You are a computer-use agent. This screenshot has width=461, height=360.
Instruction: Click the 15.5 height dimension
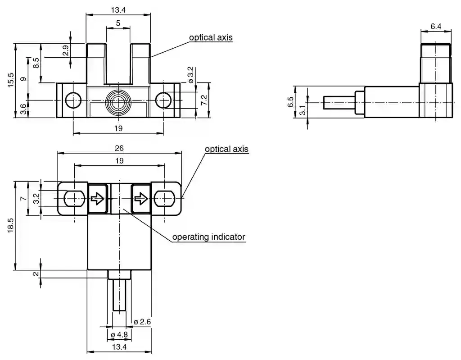pyautogui.click(x=11, y=80)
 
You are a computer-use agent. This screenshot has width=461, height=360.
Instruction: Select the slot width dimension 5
pyautogui.click(x=118, y=23)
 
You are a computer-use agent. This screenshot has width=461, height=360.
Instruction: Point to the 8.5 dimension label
pyautogui.click(x=36, y=63)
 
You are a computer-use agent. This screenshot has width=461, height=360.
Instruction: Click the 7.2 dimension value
pyautogui.click(x=204, y=100)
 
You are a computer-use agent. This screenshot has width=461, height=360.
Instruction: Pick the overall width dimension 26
pyautogui.click(x=119, y=148)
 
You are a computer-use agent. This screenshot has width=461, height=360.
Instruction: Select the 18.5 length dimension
pyautogui.click(x=11, y=225)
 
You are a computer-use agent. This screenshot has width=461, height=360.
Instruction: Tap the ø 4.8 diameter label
pyautogui.click(x=119, y=335)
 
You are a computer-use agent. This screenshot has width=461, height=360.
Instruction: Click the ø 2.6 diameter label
pyautogui.click(x=142, y=322)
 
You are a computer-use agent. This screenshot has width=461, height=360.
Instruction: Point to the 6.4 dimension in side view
pyautogui.click(x=436, y=27)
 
